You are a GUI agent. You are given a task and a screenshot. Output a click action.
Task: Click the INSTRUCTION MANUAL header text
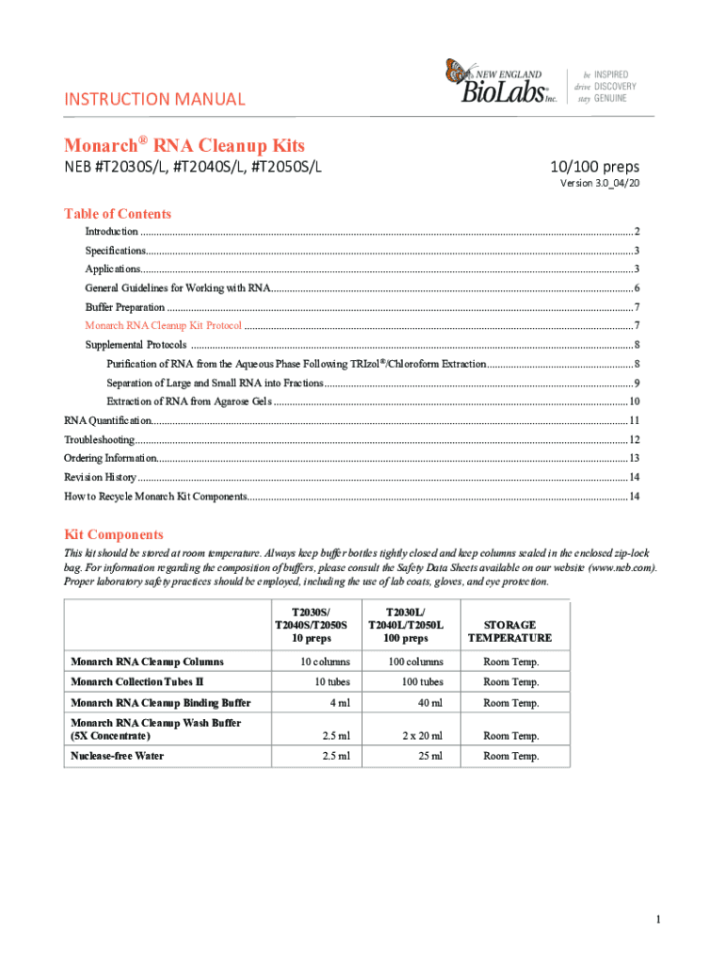coord(154,99)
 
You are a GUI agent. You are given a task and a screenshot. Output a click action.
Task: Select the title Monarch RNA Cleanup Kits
coord(184,146)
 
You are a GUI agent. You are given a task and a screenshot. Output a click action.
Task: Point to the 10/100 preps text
coord(594,167)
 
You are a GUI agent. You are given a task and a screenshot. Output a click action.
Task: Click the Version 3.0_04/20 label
coord(600,184)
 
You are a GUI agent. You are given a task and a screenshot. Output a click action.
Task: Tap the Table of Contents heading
coord(118,214)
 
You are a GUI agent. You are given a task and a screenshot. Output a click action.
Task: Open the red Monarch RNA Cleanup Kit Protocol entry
coord(164,325)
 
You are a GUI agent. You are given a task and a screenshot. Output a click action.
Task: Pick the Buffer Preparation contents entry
coord(125,307)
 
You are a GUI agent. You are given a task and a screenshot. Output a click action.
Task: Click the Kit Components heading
coord(113,534)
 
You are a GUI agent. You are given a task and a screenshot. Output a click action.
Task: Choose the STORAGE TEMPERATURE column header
coord(509,631)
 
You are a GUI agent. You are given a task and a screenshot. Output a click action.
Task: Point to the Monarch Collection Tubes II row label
coord(137,681)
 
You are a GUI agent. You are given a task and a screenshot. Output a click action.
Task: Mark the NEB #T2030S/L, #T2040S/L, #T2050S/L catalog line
coord(193,168)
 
